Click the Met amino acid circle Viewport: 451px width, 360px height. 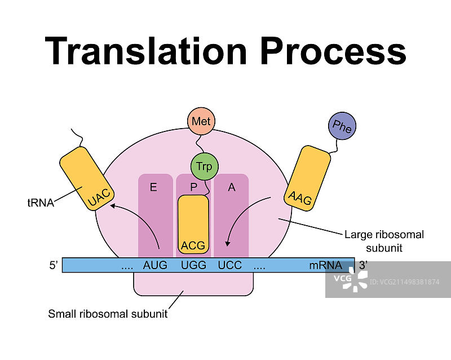click(201, 121)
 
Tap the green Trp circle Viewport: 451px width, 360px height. click(204, 166)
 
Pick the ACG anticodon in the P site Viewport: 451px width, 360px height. click(193, 246)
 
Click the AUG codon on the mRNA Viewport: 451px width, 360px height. click(155, 265)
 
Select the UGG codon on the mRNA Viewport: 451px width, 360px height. click(193, 265)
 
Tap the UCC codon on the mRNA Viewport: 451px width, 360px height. click(229, 265)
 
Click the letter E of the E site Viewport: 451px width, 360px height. click(153, 187)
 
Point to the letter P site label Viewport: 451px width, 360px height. click(193, 187)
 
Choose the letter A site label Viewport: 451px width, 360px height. click(231, 187)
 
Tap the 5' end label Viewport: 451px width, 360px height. click(54, 265)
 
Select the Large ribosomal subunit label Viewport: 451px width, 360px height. click(384, 241)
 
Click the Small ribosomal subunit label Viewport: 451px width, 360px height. click(108, 314)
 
